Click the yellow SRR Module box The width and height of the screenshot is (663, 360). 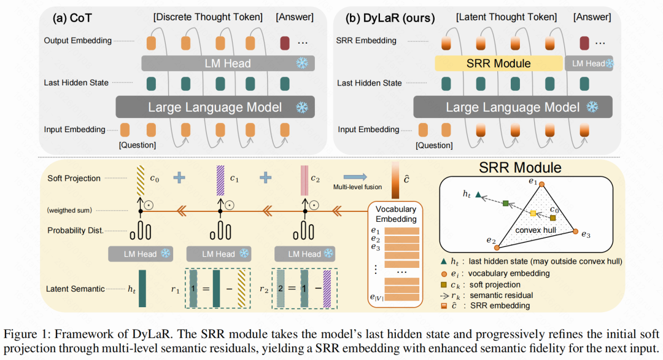pos(498,63)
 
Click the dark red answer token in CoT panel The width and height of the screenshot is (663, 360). pos(284,43)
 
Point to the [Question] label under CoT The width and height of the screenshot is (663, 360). pos(138,145)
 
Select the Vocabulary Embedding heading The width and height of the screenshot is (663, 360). pos(396,214)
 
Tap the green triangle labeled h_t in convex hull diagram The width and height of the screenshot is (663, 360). pos(477,194)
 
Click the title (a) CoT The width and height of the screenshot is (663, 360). pos(74,18)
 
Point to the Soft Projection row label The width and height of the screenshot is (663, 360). pos(73,178)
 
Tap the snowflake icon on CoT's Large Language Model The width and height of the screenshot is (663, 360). pos(301,108)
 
